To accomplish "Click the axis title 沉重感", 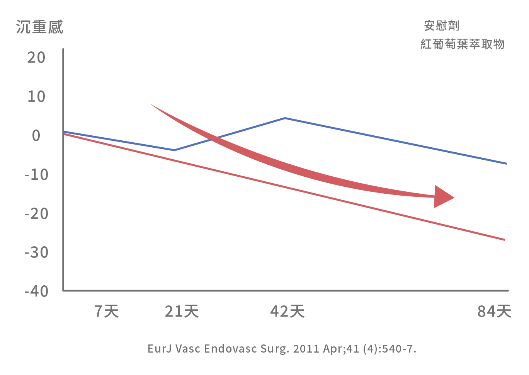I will (x=39, y=27).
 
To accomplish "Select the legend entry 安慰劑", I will (x=441, y=26).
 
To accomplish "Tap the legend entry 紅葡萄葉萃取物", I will (x=462, y=44).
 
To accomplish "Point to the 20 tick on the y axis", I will (x=36, y=58).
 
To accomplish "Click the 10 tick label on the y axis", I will (x=36, y=97).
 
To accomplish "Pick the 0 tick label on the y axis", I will (x=36, y=136).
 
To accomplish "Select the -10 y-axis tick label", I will (x=36, y=175).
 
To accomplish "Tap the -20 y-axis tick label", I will (x=36, y=214).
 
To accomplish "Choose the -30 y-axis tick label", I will (x=36, y=253).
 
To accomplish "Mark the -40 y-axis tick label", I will (x=36, y=291).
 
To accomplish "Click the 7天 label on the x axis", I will (x=107, y=311).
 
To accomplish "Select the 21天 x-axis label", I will (x=182, y=311).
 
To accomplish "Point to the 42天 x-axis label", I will (x=287, y=311).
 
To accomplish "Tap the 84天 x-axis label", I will (x=494, y=311).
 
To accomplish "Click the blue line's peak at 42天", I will (x=285, y=118).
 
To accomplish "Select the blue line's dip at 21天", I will (x=175, y=150).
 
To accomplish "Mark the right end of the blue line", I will (x=506, y=164).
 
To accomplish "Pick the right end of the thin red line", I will (x=504, y=240).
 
